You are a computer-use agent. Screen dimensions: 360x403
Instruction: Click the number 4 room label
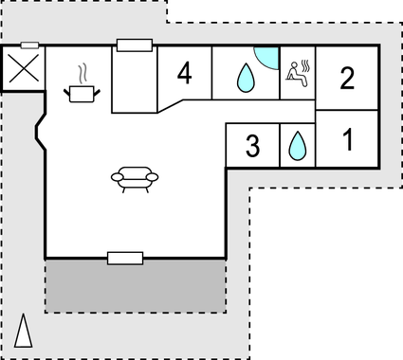pos(184,74)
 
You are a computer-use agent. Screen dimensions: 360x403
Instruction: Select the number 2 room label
pos(347,78)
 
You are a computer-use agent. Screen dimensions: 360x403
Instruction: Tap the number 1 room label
pos(347,141)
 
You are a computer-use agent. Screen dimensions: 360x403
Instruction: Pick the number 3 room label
pos(252,147)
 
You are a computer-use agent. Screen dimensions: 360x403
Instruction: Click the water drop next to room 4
pos(246,78)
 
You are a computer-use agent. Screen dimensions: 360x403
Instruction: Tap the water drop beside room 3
pos(297,145)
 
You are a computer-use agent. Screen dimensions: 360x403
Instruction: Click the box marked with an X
pos(23,69)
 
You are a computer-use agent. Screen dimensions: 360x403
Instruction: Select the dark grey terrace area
pos(136,285)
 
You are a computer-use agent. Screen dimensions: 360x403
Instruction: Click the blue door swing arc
pos(267,58)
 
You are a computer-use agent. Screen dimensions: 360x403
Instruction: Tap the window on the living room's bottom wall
pos(124,258)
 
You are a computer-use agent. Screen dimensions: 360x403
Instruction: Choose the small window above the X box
pos(29,45)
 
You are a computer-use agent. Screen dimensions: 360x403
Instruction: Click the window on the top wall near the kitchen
pos(135,45)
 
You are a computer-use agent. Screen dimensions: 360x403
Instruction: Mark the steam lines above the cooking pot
pos(84,73)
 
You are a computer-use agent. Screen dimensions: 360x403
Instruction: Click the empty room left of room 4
pos(133,80)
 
